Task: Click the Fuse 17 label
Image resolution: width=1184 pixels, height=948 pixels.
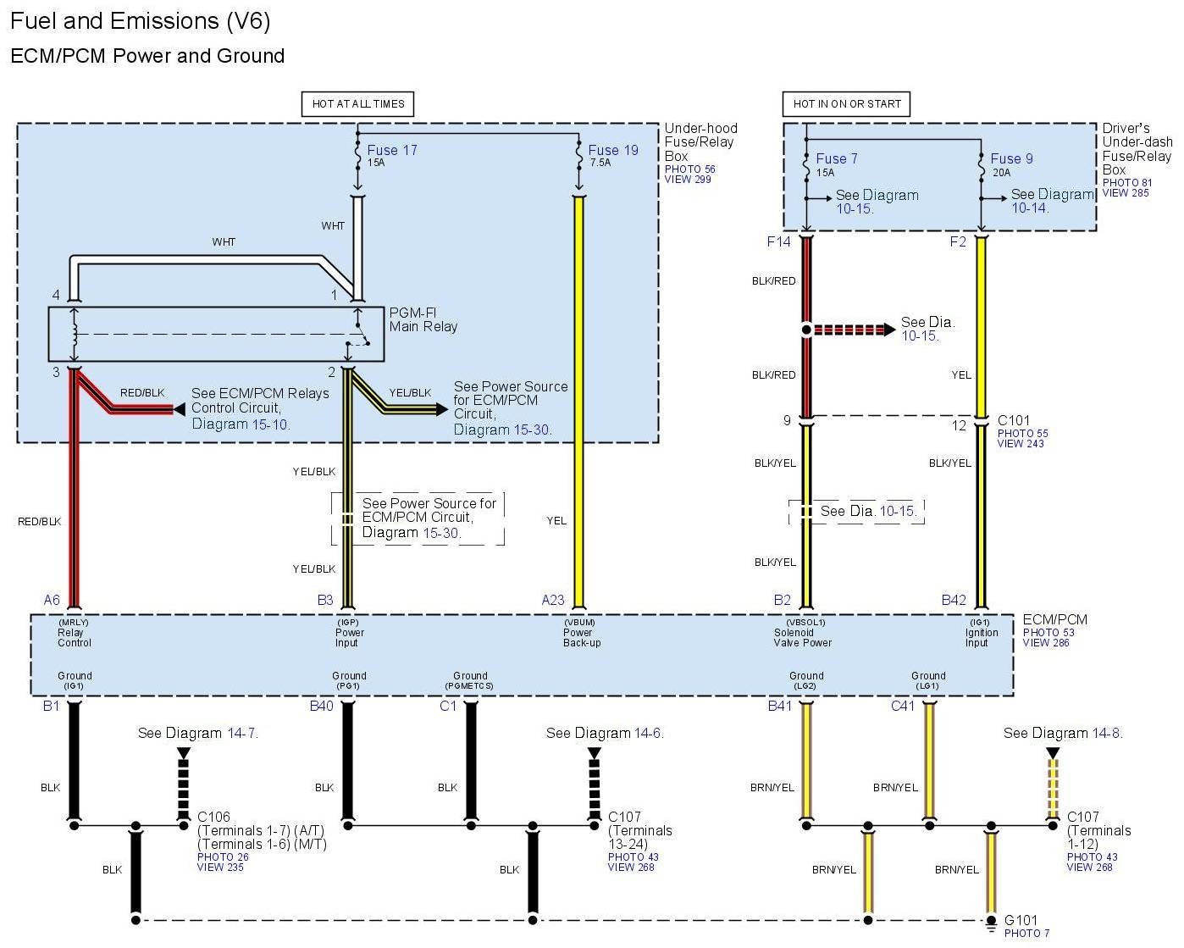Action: click(x=392, y=151)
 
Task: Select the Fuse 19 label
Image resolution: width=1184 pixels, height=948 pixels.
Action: click(x=613, y=151)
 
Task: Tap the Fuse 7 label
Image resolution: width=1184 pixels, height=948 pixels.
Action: click(x=837, y=158)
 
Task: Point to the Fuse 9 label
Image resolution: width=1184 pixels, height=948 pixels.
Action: click(x=1011, y=158)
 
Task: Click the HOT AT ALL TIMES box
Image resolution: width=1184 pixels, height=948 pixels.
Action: click(x=358, y=104)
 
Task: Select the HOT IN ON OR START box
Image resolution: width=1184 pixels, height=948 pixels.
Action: click(x=847, y=104)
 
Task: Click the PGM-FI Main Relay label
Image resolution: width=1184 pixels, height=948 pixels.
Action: click(x=423, y=319)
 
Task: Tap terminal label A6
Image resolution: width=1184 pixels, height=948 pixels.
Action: click(x=52, y=600)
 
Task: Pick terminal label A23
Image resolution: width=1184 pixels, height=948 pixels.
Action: click(x=553, y=600)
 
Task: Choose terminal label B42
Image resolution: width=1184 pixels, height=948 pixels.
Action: click(x=954, y=600)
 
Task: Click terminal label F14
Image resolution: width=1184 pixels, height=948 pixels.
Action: click(x=778, y=242)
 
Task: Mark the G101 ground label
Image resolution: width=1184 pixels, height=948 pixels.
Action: click(x=1021, y=920)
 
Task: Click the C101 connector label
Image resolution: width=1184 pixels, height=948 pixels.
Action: click(x=1014, y=420)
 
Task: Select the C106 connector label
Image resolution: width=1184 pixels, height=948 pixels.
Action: click(x=213, y=818)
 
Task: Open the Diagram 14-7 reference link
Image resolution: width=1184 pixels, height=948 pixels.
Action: click(x=242, y=733)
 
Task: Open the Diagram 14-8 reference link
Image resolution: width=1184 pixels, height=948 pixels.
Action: click(x=1107, y=733)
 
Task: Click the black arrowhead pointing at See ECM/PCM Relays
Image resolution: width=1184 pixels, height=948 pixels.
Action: click(x=179, y=409)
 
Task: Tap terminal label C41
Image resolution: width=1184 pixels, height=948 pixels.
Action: click(x=903, y=706)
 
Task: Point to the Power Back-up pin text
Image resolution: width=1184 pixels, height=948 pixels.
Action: click(x=582, y=637)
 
